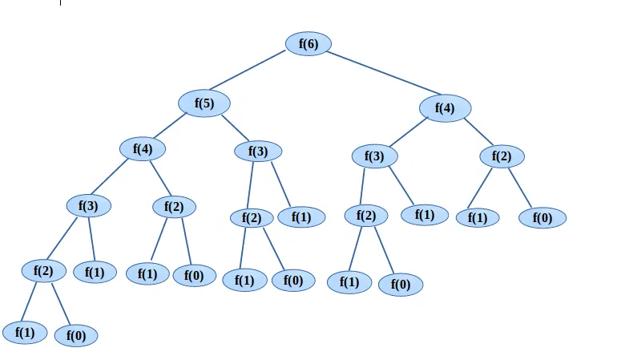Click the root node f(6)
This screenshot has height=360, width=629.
(x=308, y=44)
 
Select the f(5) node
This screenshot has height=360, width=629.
(x=204, y=103)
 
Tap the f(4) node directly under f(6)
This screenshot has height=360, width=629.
(x=445, y=107)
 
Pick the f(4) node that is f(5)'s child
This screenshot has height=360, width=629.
(x=143, y=148)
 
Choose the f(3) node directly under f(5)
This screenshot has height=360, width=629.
(x=258, y=151)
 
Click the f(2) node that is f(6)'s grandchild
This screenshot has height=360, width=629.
(x=501, y=156)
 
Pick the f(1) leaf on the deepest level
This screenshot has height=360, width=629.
(x=25, y=332)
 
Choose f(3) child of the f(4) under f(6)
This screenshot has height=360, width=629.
(x=374, y=156)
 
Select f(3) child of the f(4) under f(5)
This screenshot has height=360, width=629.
(x=88, y=205)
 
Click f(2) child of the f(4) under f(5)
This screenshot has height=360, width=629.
(x=174, y=207)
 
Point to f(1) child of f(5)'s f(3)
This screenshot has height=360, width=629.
(x=301, y=216)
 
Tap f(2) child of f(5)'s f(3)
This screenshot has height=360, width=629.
(x=252, y=218)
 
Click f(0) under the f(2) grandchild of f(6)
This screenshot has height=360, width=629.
(x=542, y=217)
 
